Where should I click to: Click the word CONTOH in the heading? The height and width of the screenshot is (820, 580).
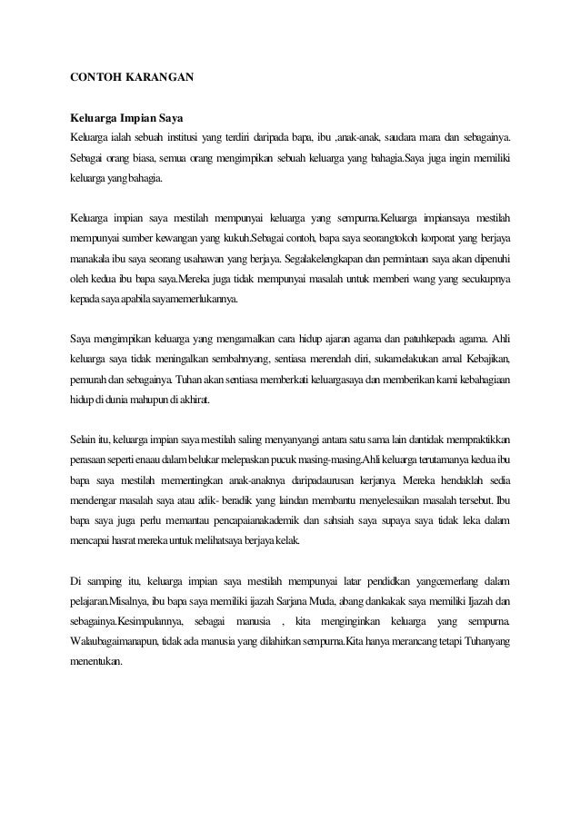pos(95,78)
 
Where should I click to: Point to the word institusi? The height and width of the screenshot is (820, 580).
pos(185,138)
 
